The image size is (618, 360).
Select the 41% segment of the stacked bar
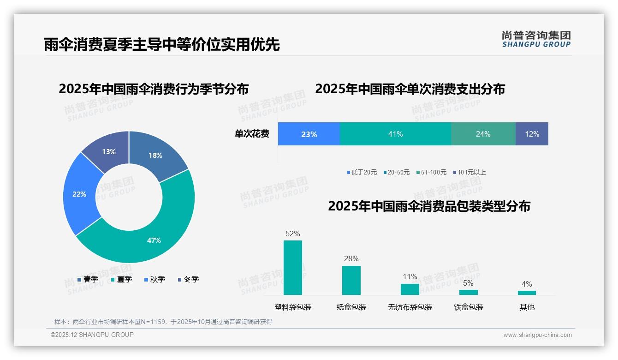395,134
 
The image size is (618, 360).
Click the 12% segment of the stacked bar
532,134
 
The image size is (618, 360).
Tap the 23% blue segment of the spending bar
309,134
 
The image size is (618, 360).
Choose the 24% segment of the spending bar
483,134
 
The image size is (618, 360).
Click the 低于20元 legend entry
362,172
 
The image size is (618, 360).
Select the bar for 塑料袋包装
293,268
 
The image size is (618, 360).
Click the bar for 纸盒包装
351,280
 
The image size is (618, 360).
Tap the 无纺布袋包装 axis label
410,307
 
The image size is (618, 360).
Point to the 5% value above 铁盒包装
468,283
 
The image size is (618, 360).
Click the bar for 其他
527,293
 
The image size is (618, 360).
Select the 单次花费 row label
252,134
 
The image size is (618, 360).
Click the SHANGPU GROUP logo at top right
536,39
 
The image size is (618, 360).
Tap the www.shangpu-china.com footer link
537,335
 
